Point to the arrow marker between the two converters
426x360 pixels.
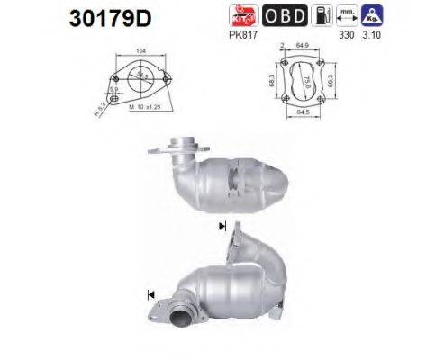click(221, 227)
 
